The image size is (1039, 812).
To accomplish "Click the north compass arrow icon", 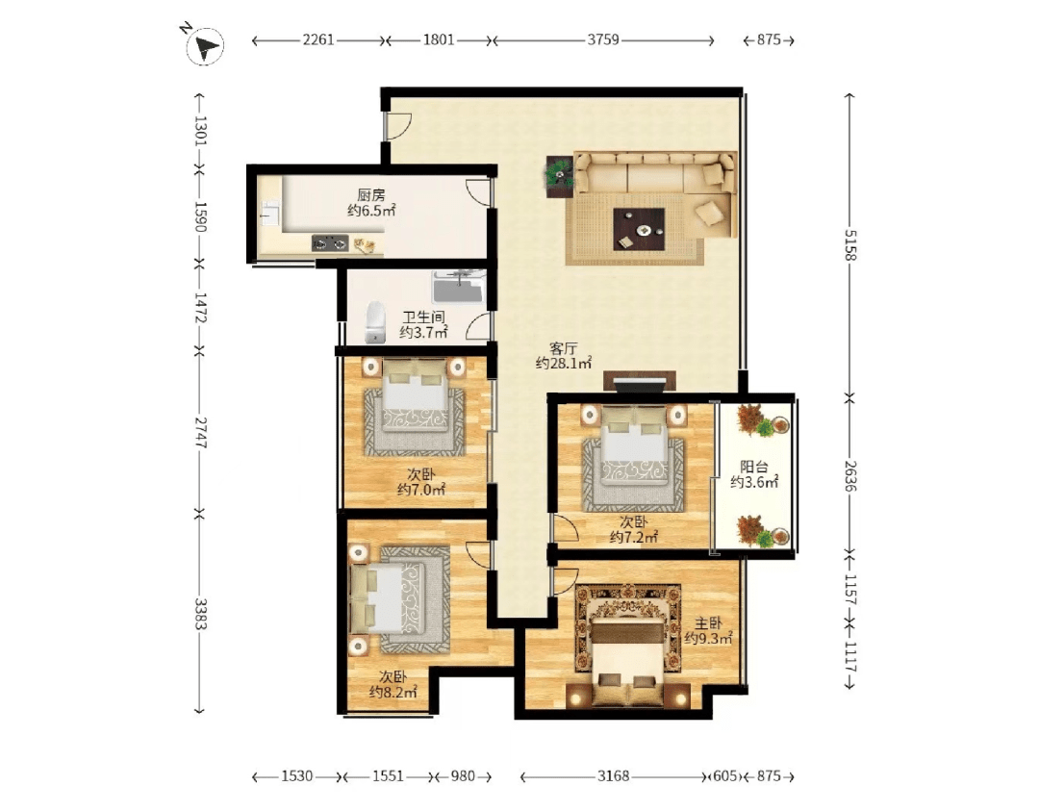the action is [x=205, y=46].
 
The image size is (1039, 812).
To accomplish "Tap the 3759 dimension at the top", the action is [x=603, y=39].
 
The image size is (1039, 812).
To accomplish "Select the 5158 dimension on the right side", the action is [x=850, y=245].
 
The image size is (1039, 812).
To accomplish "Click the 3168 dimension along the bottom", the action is [x=613, y=775].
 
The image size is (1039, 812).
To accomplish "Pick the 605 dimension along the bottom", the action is [x=725, y=775].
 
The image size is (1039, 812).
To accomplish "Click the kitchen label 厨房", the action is [x=371, y=195].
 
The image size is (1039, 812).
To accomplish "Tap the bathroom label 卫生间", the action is [x=423, y=317].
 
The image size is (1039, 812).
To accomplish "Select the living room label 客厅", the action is [x=564, y=348].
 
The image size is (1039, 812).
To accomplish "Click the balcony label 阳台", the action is [x=754, y=467].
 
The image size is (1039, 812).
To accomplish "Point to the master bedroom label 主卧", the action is [x=708, y=623].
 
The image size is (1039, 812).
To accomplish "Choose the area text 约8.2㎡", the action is [x=393, y=693].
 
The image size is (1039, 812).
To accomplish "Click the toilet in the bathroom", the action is [x=376, y=323].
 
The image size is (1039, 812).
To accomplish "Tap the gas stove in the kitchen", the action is [x=330, y=244].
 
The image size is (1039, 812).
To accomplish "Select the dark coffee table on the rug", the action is [x=639, y=229].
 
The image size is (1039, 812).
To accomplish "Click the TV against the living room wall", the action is [x=640, y=382].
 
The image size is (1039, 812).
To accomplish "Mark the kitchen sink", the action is [x=269, y=214].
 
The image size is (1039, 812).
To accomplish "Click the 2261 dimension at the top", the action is [x=318, y=39].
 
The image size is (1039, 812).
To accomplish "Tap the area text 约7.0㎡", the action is [x=421, y=490].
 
